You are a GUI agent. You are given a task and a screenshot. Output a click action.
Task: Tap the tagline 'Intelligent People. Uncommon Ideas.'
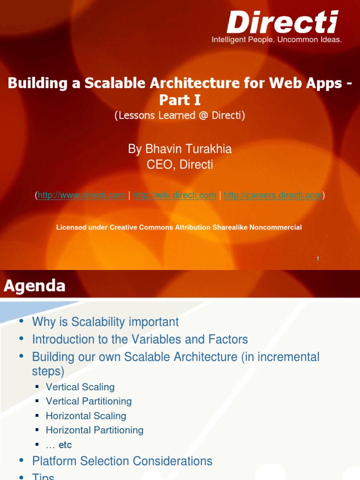(277, 40)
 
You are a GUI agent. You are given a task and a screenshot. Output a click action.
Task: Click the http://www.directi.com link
(82, 195)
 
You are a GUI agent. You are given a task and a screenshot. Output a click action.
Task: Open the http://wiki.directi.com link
(175, 195)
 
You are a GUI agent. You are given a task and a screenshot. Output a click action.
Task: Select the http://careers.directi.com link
(273, 195)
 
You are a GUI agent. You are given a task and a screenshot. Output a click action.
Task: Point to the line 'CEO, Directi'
(180, 165)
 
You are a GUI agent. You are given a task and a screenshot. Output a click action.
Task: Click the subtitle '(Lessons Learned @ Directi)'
(180, 115)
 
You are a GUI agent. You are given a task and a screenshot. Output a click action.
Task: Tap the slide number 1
(318, 258)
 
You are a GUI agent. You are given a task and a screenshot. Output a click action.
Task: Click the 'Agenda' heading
(35, 285)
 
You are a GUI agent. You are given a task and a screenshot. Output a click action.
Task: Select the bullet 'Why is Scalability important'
(105, 322)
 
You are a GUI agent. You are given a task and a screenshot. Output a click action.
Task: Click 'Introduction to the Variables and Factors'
(140, 339)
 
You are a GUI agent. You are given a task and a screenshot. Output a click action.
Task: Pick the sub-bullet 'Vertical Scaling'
(80, 387)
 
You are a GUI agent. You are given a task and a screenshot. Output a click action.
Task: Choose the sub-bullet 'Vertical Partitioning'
(89, 401)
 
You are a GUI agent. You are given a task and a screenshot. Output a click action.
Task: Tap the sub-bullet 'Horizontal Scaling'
(86, 416)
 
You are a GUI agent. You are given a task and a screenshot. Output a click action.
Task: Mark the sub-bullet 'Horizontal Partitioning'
(95, 430)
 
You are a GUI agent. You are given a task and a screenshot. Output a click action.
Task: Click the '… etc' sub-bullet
(59, 445)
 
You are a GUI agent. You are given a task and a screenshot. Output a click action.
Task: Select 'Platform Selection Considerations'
(122, 461)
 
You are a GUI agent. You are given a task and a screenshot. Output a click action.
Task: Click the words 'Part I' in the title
(180, 100)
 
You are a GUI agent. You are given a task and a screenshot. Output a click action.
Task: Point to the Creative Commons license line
(179, 227)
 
